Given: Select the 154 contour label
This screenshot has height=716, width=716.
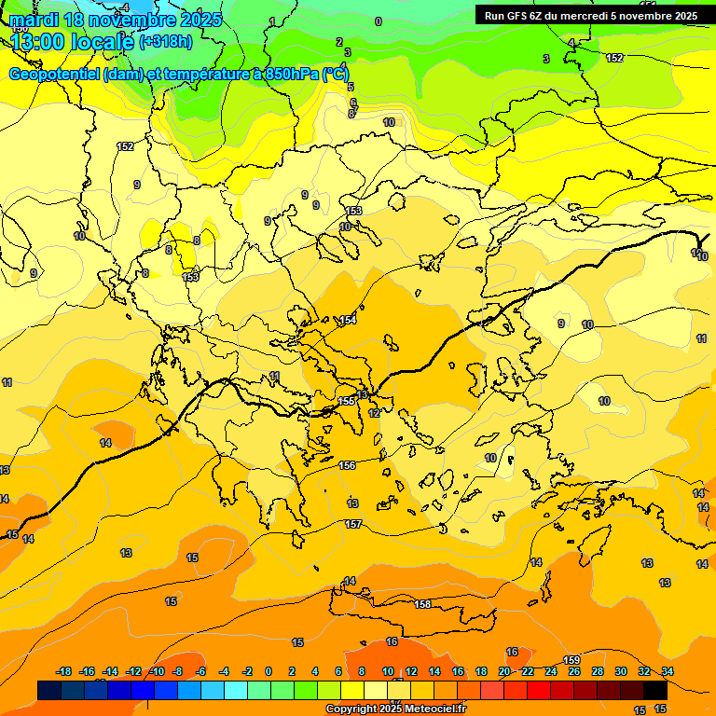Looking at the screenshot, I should click(x=348, y=321).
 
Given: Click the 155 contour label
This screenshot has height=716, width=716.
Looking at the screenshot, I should click(x=346, y=401).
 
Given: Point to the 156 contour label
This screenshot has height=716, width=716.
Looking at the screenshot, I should click(x=347, y=465).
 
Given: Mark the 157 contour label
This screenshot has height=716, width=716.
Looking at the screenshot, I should click(x=353, y=525).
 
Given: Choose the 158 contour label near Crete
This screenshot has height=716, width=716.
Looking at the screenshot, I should click(x=422, y=605).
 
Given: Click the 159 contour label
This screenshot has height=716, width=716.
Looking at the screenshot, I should click(x=572, y=660).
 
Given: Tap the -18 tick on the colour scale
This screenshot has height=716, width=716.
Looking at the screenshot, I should click(x=64, y=671).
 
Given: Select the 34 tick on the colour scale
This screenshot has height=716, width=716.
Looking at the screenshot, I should click(x=668, y=671).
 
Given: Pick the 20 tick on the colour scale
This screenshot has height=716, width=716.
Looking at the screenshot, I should click(x=504, y=671).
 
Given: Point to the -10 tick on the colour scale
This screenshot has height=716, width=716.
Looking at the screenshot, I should click(x=157, y=671).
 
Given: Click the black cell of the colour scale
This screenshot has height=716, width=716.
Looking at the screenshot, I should click(x=654, y=690).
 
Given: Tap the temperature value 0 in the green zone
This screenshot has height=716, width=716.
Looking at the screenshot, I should click(x=378, y=21).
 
